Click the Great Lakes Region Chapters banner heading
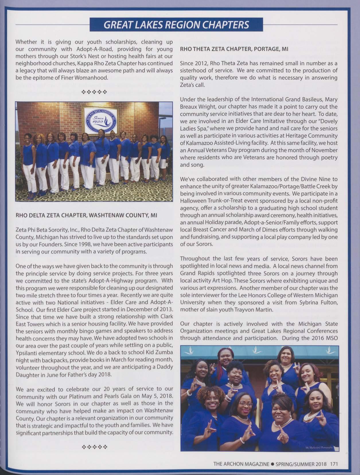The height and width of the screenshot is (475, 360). click(176, 25)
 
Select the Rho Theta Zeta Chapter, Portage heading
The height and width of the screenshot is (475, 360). click(234, 49)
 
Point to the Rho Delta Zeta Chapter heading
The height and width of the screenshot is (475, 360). click(86, 215)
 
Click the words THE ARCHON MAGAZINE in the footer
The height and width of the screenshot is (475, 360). click(241, 464)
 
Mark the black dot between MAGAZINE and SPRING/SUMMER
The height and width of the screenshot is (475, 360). click(272, 464)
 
